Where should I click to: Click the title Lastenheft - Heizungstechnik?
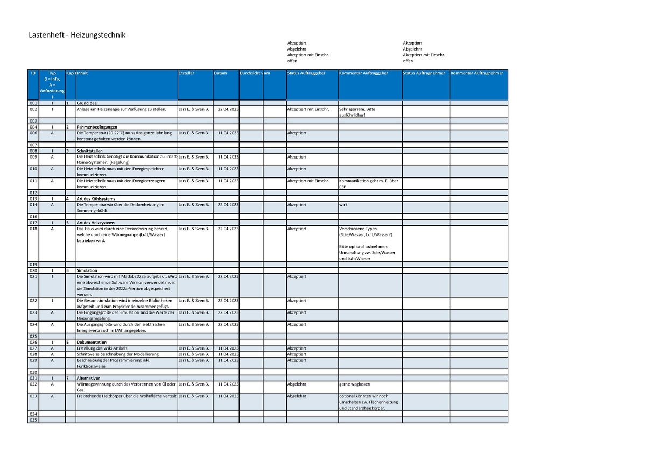tap(77, 35)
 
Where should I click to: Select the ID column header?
tap(33, 73)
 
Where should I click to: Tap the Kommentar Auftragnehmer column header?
tap(477, 73)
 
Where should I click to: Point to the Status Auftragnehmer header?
tap(424, 73)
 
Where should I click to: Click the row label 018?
tap(33, 229)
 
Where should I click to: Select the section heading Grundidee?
tap(87, 103)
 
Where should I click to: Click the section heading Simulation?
tap(87, 270)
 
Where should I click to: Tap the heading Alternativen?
tap(89, 379)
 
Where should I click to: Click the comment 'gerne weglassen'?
tap(354, 384)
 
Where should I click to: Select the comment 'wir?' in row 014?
tap(343, 205)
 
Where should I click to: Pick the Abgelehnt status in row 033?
tap(297, 396)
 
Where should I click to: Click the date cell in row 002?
tap(228, 109)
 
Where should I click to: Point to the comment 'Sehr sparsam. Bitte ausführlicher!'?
tap(357, 112)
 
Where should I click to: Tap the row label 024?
tap(33, 324)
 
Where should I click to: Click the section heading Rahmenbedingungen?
tap(97, 127)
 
